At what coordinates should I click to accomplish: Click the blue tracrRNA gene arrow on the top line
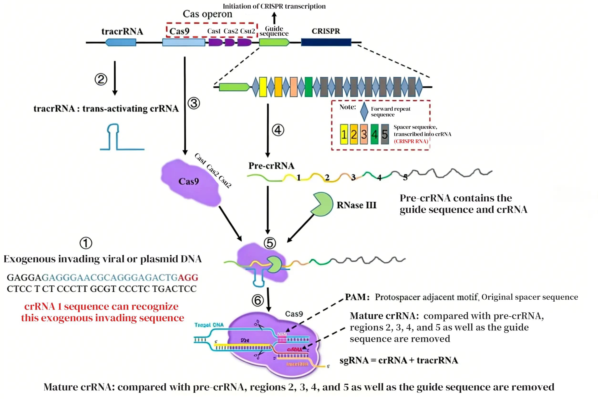click(121, 42)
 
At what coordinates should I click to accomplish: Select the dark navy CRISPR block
click(326, 42)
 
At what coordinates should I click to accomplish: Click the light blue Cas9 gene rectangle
click(184, 42)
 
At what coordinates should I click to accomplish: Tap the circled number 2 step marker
click(101, 79)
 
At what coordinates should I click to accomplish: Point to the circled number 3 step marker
click(194, 103)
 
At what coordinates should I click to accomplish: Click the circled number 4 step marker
click(278, 130)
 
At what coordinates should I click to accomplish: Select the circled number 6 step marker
click(258, 300)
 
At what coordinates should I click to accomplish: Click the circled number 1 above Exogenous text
click(86, 243)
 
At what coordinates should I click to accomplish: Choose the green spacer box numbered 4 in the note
click(374, 134)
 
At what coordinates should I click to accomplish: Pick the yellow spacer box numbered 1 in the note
click(344, 134)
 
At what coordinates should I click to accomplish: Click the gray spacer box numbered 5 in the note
click(385, 134)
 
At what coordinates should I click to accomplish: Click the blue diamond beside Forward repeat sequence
click(364, 112)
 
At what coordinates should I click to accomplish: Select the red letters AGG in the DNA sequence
click(188, 277)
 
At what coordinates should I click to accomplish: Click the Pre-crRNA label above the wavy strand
click(271, 166)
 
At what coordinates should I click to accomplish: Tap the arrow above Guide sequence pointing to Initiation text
click(274, 18)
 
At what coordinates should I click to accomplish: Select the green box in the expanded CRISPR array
click(308, 87)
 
